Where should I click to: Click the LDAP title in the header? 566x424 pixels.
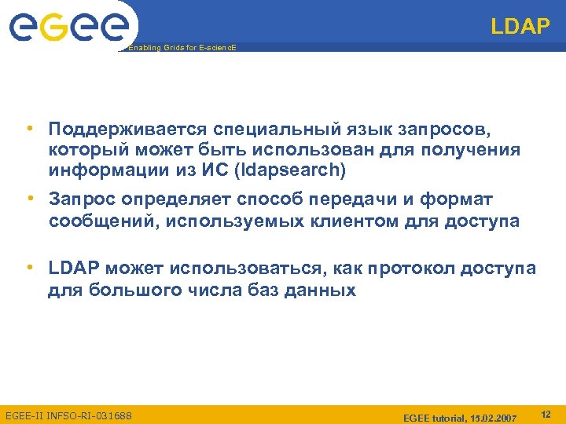coord(520,27)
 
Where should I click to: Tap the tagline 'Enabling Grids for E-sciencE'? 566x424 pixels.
coord(182,48)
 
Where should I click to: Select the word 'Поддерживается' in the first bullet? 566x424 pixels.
coord(127,128)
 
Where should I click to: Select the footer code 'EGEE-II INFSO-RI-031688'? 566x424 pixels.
coord(68,415)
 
